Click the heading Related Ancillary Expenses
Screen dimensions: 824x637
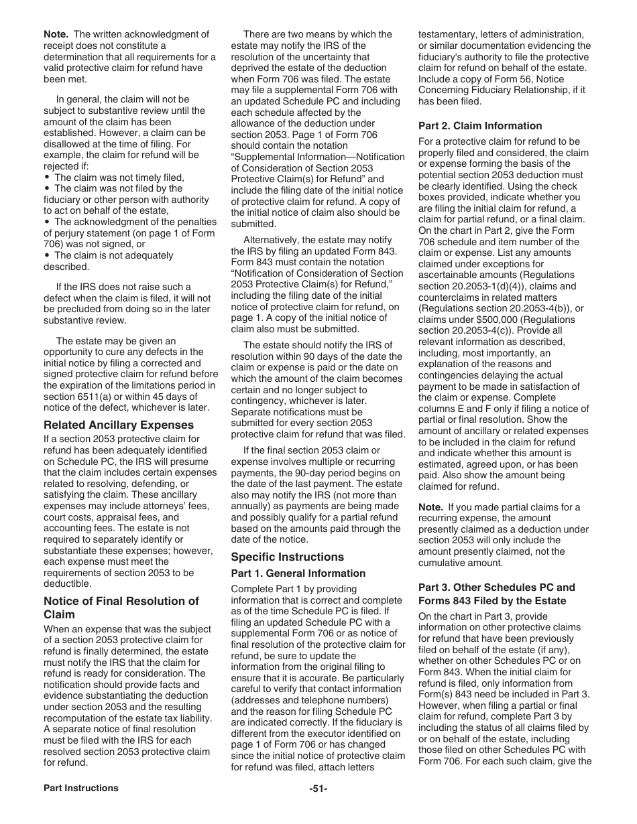pos(119,425)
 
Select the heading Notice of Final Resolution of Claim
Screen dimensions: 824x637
pos(121,607)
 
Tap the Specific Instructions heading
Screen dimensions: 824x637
pos(287,557)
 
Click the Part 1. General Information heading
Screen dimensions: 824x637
pos(298,573)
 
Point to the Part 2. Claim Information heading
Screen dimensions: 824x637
pos(480,125)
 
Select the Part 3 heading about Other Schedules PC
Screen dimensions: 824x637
pos(496,594)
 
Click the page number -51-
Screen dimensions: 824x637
pos(318,788)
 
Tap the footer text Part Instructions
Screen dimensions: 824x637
pos(80,788)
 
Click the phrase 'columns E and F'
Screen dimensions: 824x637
pos(453,409)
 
